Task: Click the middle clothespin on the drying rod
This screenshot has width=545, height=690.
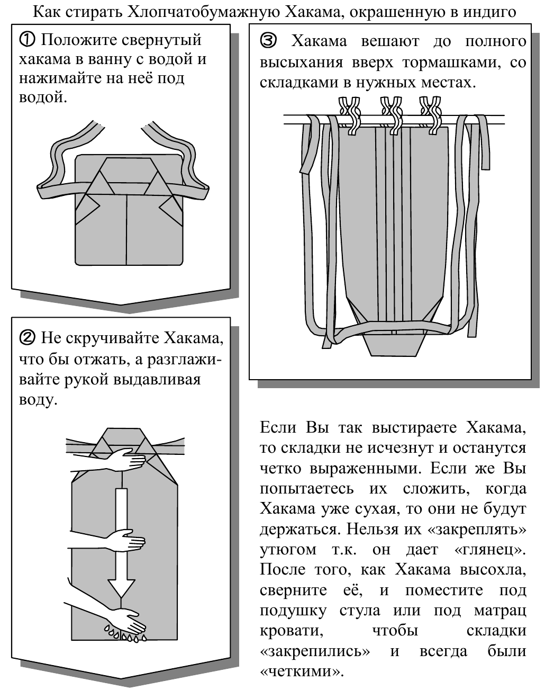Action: point(391,112)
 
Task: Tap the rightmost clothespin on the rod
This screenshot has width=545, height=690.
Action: point(430,112)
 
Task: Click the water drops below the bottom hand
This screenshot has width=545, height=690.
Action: point(123,634)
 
